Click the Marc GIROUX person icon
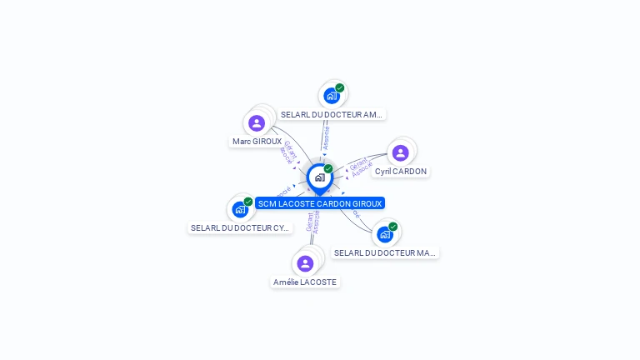[257, 123]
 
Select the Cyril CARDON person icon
[400, 153]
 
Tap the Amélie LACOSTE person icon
[305, 263]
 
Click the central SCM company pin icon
[319, 177]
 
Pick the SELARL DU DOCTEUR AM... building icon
[332, 96]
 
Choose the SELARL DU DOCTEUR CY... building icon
[240, 209]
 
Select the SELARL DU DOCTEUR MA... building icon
[384, 234]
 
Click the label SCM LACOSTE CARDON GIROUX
[320, 203]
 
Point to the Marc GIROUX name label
[257, 142]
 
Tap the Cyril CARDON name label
[400, 172]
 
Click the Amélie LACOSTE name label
[305, 282]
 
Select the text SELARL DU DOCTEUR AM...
[331, 114]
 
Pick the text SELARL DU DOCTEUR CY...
[240, 227]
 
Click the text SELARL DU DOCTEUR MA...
[384, 252]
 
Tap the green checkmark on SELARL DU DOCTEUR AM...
[340, 87]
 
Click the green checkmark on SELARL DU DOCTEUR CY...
[248, 201]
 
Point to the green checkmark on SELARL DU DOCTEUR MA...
[392, 226]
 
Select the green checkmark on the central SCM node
[328, 169]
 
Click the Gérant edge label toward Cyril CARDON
[357, 163]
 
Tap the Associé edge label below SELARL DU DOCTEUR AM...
[326, 137]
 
